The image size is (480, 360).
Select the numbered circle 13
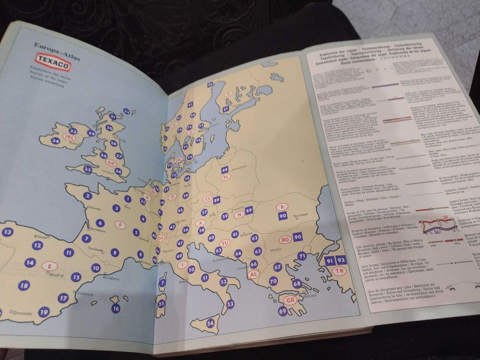pos(7,232)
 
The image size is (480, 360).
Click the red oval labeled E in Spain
pos(50,266)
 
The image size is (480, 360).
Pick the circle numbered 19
pos(44,311)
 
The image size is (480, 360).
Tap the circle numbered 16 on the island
pos(116,308)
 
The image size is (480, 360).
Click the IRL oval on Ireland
pos(70,137)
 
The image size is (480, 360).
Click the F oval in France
pos(120,225)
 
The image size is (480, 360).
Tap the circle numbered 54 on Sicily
pos(210,323)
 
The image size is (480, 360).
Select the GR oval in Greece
pos(292,300)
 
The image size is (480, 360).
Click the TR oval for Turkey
pos(339,271)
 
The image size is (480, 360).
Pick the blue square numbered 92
pos(341,260)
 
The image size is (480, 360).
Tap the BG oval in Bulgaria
pos(285,239)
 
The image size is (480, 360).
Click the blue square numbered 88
pos(224,170)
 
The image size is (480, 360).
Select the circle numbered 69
pos(282,311)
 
